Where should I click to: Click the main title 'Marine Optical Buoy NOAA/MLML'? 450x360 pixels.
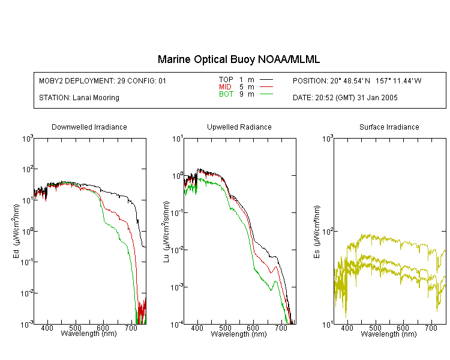coord(238,59)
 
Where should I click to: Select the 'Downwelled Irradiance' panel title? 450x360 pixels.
coord(89,127)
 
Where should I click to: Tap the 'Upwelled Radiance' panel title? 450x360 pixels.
coord(239,127)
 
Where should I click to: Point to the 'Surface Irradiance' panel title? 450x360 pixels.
coord(389,127)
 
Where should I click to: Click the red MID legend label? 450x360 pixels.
coord(225,86)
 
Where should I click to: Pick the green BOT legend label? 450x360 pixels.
coord(226,94)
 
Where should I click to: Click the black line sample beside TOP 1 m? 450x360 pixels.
coord(266,80)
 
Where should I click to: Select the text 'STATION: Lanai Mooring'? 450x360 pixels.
coord(79,98)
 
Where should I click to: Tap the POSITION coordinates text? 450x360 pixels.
coord(357,81)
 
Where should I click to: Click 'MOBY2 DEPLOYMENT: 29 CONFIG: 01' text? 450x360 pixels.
coord(103,81)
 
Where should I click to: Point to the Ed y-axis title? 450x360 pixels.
coord(16,231)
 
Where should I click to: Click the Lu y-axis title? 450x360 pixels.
coord(166,232)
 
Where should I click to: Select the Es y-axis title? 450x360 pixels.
coord(317,232)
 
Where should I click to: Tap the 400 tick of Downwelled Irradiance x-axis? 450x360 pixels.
coord(47,328)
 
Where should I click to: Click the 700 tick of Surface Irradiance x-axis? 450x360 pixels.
coord(431,328)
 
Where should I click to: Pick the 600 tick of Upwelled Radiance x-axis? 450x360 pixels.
coord(253,328)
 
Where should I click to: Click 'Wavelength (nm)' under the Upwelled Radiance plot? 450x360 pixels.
coord(239,334)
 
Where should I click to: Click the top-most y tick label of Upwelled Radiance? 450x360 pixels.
coord(178,139)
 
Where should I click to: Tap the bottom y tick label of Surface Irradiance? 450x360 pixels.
coord(328,325)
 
